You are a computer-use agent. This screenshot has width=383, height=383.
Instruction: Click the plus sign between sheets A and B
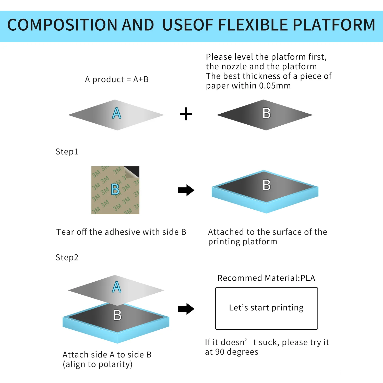click(186, 114)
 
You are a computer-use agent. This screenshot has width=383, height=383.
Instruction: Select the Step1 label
click(67, 152)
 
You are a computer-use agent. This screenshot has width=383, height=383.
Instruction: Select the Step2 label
click(67, 257)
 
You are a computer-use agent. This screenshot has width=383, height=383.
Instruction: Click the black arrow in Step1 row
click(186, 190)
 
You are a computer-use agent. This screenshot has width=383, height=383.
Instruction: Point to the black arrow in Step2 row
click(186, 309)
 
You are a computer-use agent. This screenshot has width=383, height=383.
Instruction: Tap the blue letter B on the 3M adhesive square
click(115, 189)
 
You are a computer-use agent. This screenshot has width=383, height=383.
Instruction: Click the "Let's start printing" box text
click(266, 308)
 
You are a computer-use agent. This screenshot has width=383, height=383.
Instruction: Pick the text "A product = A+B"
click(117, 79)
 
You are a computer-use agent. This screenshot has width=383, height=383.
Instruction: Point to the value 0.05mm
click(275, 86)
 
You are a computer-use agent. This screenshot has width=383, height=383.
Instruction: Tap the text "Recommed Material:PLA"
click(266, 278)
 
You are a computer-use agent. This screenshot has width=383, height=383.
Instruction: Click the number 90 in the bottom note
click(220, 352)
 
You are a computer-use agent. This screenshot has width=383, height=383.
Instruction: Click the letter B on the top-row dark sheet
click(267, 113)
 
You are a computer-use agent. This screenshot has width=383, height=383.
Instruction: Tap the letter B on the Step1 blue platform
click(267, 185)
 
